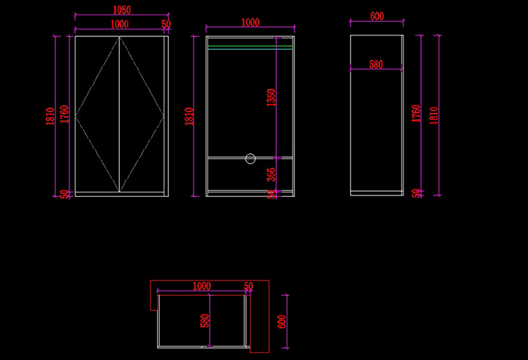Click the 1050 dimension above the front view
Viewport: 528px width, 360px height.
(x=121, y=11)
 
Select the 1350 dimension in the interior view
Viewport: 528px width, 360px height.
(x=272, y=97)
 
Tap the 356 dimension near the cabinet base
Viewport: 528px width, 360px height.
(x=272, y=174)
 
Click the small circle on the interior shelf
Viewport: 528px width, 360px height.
(x=250, y=158)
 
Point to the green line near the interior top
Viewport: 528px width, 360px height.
(x=250, y=47)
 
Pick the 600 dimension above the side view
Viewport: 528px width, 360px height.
(x=377, y=16)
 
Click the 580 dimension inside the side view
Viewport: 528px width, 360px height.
(x=376, y=65)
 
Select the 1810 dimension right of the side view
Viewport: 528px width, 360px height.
(x=433, y=114)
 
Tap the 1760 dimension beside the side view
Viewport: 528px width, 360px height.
(x=416, y=114)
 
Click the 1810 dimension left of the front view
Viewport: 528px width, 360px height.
(x=50, y=115)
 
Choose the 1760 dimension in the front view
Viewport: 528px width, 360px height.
(x=65, y=114)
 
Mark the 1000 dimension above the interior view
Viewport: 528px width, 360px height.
(x=250, y=23)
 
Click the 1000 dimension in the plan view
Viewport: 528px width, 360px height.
(x=201, y=286)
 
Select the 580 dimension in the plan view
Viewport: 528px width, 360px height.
(x=204, y=321)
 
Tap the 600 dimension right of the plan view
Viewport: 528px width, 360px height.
(x=281, y=321)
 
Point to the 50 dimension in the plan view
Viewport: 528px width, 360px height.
(x=249, y=286)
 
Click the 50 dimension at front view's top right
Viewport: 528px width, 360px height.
(x=166, y=24)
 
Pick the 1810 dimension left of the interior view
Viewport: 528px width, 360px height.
(x=189, y=115)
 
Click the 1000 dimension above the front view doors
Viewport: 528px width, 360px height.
(x=118, y=24)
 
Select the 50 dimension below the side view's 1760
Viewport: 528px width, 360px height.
(x=416, y=193)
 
